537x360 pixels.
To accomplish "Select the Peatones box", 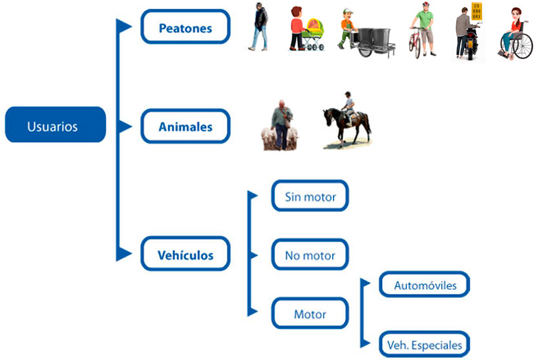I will coord(185,27).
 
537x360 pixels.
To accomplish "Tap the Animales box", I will coord(185,127).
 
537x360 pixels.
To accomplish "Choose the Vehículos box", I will coord(185,255).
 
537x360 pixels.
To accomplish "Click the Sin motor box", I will coord(310,196).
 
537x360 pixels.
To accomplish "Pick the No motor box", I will coord(310,255).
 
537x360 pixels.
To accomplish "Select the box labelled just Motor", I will coord(310,314).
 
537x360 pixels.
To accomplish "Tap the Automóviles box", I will coord(424,285).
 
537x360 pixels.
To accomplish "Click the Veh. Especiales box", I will coord(424,344).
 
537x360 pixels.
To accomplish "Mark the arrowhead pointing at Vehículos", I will coord(123,254).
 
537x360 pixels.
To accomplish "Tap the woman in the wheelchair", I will coord(514,36).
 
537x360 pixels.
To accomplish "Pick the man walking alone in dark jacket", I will coord(258,27).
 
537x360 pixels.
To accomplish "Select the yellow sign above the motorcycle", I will coord(476,11).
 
